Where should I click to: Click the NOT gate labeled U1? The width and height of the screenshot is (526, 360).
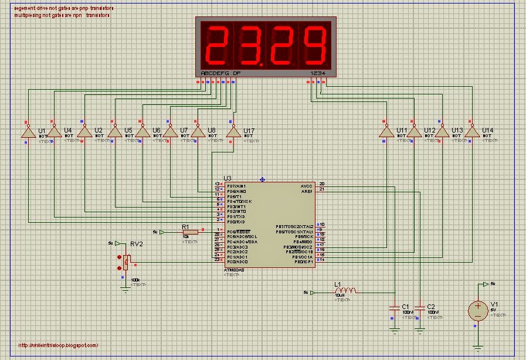[27, 133]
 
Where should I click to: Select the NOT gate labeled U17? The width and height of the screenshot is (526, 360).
[233, 133]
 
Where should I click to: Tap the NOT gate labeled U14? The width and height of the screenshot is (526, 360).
[471, 133]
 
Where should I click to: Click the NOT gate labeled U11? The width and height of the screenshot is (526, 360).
[386, 133]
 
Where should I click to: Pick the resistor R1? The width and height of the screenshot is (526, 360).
[190, 232]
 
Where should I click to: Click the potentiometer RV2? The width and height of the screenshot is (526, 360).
[125, 262]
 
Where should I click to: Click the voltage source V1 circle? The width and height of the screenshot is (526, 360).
[477, 310]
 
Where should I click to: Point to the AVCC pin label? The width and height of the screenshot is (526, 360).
[307, 185]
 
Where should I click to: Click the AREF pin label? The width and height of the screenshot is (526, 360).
[307, 190]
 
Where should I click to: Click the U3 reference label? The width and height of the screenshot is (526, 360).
[228, 178]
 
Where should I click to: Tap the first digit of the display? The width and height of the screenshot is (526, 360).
[217, 46]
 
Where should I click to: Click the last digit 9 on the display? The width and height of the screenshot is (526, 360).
[315, 46]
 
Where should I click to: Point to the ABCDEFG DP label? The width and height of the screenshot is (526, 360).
[220, 73]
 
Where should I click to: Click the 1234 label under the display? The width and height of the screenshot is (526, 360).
[317, 73]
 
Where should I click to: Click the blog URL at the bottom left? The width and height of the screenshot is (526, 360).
[59, 345]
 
